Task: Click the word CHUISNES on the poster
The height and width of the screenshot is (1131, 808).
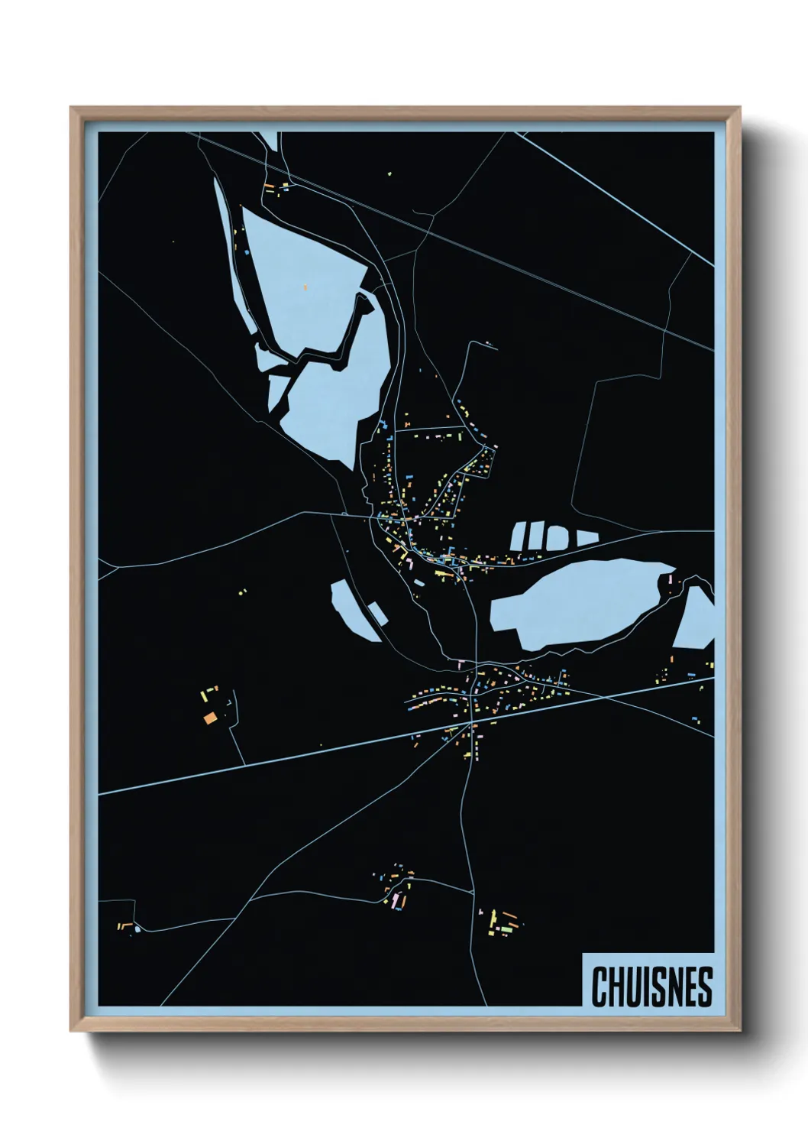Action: [x=651, y=987]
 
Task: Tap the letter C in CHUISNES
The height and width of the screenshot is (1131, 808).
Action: [x=599, y=987]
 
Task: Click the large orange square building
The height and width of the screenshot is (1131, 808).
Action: [x=210, y=717]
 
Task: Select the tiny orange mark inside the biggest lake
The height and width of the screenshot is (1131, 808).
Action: [x=305, y=287]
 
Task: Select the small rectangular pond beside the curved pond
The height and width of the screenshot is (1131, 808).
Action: [x=376, y=611]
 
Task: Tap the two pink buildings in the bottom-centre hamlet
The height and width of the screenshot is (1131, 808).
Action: [x=396, y=902]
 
